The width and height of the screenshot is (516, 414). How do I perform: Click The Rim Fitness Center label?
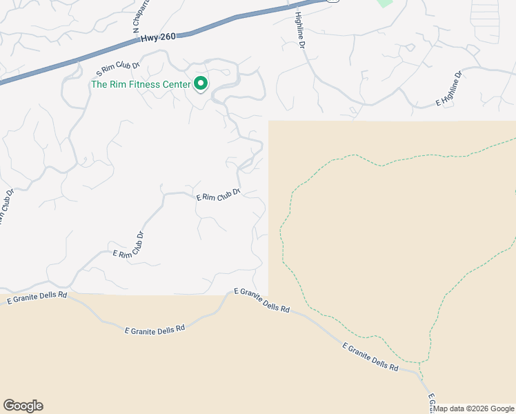[140, 85]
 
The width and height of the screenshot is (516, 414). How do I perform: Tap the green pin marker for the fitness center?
[201, 83]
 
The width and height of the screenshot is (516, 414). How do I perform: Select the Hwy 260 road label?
[158, 39]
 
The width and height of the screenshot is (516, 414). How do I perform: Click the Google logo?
[23, 406]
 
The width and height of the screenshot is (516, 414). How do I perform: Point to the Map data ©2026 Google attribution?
[474, 409]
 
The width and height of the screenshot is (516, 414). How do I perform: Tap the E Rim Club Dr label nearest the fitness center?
[218, 195]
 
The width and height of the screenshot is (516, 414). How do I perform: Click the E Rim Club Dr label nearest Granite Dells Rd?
[128, 245]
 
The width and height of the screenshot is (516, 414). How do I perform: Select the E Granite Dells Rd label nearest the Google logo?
[37, 297]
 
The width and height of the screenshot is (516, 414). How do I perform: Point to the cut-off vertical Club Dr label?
[7, 207]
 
